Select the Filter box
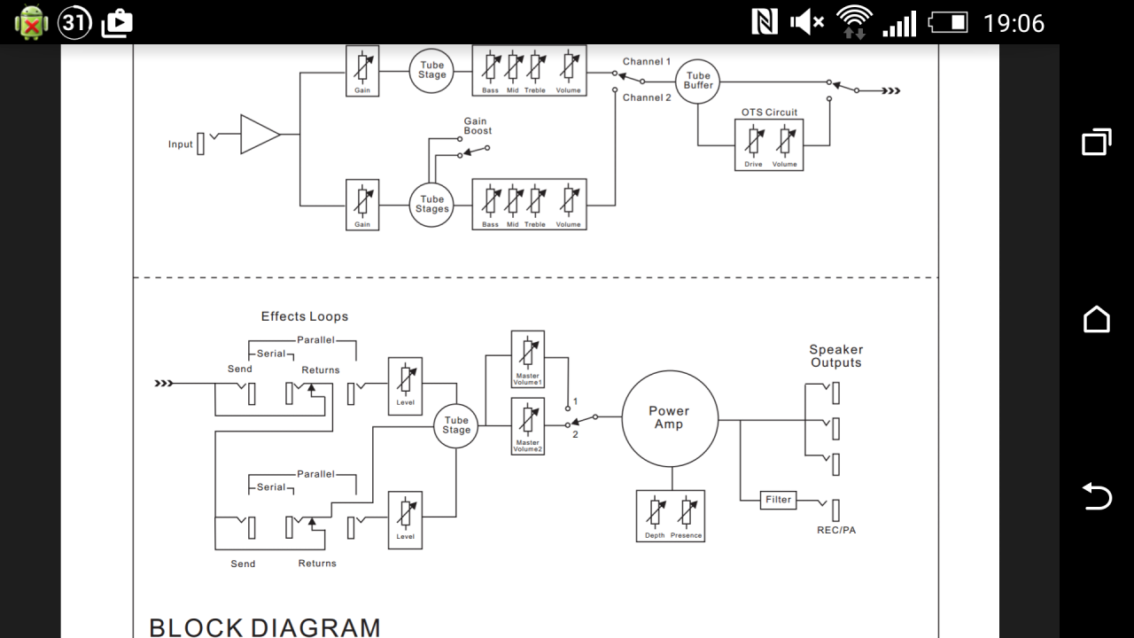point(778,500)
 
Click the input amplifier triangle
point(260,134)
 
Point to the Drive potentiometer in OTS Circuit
point(753,141)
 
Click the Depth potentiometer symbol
point(655,512)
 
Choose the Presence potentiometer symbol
point(687,512)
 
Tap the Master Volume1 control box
point(527,360)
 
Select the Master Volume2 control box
point(527,426)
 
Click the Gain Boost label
point(478,126)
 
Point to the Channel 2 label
point(647,97)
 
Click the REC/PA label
point(835,530)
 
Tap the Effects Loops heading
point(305,316)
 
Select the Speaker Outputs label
point(835,356)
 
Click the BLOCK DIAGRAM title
point(265,627)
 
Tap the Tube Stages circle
point(431,205)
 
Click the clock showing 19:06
point(1014,23)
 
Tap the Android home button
point(1097,319)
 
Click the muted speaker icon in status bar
point(807,23)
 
